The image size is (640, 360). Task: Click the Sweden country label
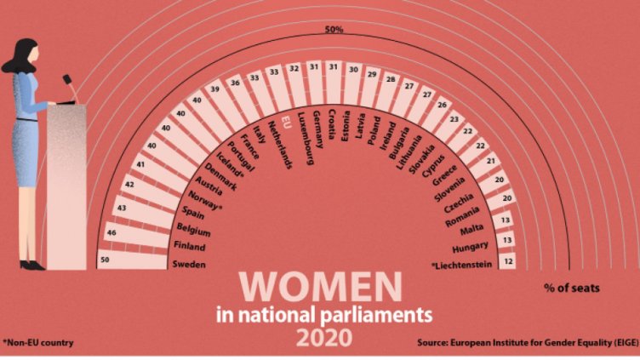pyautogui.click(x=189, y=264)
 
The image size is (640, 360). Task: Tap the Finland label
pyautogui.click(x=190, y=247)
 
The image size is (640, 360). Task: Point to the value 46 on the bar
pyautogui.click(x=111, y=231)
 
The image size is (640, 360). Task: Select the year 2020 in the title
pyautogui.click(x=323, y=338)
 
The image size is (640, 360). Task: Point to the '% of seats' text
pyautogui.click(x=572, y=288)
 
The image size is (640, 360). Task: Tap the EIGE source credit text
pyautogui.click(x=526, y=343)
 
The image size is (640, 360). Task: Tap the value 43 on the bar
pyautogui.click(x=122, y=207)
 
